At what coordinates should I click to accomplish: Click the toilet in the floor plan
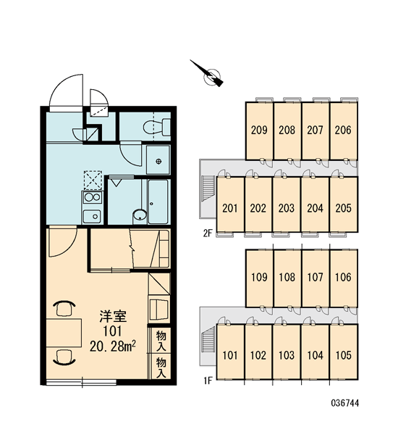(x=157, y=128)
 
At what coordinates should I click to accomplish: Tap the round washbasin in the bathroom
(x=140, y=215)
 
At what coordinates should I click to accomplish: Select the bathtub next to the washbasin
(x=158, y=202)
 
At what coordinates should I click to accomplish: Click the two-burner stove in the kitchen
(x=92, y=197)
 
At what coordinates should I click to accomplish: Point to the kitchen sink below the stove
(x=92, y=216)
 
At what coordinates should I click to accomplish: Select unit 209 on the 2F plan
(x=259, y=130)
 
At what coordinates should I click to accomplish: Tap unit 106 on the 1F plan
(x=344, y=278)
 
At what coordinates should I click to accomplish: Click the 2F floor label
(x=207, y=233)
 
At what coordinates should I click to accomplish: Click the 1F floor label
(x=208, y=381)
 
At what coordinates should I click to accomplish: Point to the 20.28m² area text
(x=112, y=347)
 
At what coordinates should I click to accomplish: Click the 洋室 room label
(x=113, y=317)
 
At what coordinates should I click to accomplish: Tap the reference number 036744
(x=345, y=403)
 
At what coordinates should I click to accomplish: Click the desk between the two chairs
(x=64, y=333)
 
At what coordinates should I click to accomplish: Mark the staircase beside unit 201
(x=209, y=188)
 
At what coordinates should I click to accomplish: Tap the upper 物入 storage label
(x=161, y=341)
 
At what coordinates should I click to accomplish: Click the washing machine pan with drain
(x=158, y=160)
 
